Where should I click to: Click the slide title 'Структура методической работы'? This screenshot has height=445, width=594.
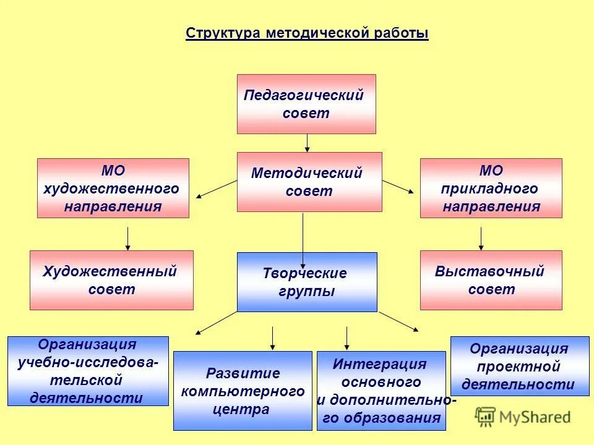click(x=307, y=33)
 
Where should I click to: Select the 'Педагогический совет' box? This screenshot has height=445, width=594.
click(x=306, y=104)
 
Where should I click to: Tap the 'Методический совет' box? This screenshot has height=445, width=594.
click(x=309, y=182)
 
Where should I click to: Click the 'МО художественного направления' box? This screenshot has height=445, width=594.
click(x=113, y=188)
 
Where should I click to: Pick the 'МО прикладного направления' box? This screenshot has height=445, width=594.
click(x=491, y=188)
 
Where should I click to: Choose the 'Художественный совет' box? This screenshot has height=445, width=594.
click(x=111, y=280)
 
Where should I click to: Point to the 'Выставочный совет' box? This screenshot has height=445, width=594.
click(x=491, y=280)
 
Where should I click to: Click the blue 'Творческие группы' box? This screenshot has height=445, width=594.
click(x=307, y=282)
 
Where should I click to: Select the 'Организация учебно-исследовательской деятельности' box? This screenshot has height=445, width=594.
click(x=88, y=371)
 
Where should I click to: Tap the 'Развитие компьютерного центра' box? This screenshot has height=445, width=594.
click(x=243, y=391)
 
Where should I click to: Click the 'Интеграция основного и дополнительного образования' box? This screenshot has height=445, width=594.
click(x=381, y=391)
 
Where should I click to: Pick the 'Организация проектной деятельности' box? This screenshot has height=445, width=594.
click(x=519, y=366)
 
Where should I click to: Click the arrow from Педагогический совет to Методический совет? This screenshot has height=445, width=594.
click(x=307, y=143)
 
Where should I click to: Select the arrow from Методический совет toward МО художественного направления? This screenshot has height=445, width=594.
click(x=217, y=189)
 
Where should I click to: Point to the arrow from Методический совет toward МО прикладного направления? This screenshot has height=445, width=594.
click(x=398, y=187)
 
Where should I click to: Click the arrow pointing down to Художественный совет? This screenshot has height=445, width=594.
click(x=127, y=239)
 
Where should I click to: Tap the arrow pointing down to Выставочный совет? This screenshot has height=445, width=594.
click(x=481, y=239)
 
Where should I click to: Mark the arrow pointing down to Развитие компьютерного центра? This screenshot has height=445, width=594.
click(x=272, y=338)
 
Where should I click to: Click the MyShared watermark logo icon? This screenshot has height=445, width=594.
click(x=486, y=417)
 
